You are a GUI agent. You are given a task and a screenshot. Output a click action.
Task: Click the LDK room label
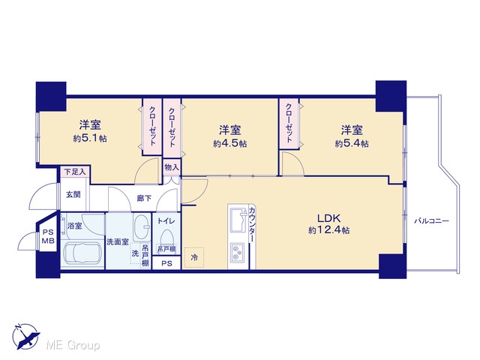pyautogui.click(x=328, y=218)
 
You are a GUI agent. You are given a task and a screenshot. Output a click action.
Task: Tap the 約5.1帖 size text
pyautogui.click(x=90, y=138)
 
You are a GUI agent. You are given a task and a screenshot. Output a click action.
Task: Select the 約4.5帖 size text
pyautogui.click(x=230, y=143)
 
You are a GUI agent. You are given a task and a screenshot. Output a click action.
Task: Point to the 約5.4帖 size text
pyautogui.click(x=352, y=143)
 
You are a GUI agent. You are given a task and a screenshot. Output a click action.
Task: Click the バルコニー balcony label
pyautogui.click(x=432, y=220)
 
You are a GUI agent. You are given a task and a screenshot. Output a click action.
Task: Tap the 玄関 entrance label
pyautogui.click(x=73, y=194)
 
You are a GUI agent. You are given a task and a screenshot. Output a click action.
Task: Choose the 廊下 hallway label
pyautogui.click(x=144, y=198)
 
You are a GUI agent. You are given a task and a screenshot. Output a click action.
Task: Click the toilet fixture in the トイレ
pyautogui.click(x=166, y=238)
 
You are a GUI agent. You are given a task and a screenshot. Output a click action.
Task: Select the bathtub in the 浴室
pyautogui.click(x=82, y=253)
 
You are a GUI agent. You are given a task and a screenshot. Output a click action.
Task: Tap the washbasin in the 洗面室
pyautogui.click(x=142, y=228)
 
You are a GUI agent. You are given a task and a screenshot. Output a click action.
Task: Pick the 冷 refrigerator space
pyautogui.click(x=194, y=257)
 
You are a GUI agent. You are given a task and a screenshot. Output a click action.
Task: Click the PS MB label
pyautogui.click(x=48, y=236)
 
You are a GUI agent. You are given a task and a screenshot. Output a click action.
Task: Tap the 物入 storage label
pyautogui.click(x=172, y=167)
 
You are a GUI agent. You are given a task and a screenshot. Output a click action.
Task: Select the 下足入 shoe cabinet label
pyautogui.click(x=75, y=172)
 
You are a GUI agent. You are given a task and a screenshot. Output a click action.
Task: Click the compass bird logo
pyautogui.click(x=25, y=336)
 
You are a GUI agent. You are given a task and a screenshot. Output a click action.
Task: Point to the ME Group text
pyautogui.click(x=73, y=345)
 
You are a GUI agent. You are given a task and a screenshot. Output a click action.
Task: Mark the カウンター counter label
pyautogui.click(x=252, y=224)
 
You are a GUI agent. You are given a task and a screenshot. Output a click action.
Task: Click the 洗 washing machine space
pyautogui.click(x=135, y=253)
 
